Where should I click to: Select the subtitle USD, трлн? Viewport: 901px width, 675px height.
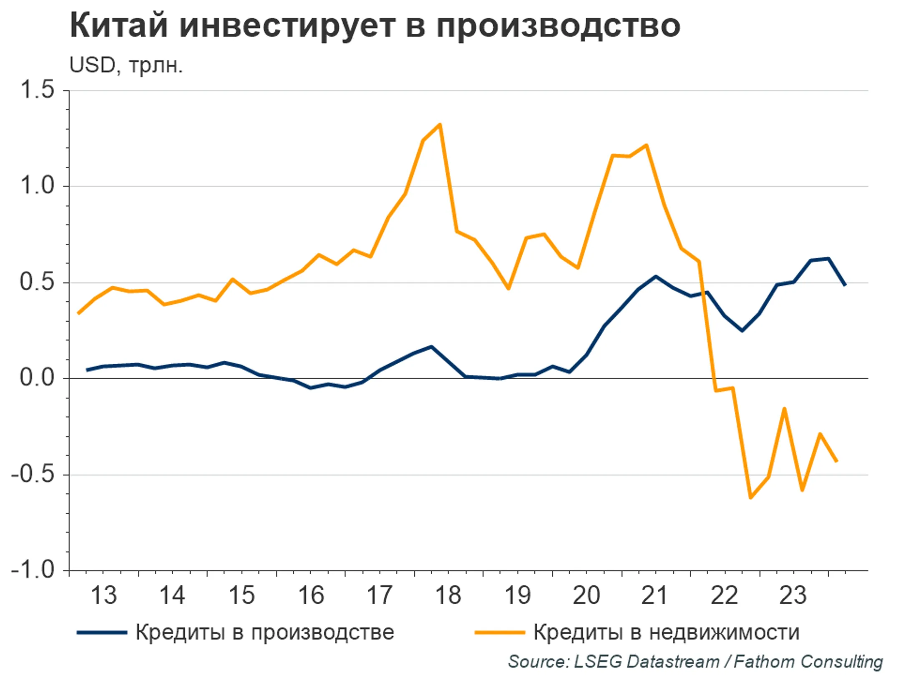coord(126,65)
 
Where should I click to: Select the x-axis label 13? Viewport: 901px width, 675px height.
coord(103,595)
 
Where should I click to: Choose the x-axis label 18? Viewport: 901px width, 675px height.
coord(448,595)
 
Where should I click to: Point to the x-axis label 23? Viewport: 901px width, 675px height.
coord(793,595)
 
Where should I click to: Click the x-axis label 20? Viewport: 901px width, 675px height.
coord(586,595)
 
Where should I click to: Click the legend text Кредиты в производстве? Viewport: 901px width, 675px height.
coord(264,632)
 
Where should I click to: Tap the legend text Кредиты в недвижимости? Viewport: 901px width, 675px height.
coord(666,632)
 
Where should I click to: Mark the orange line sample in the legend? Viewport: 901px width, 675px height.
coord(499,632)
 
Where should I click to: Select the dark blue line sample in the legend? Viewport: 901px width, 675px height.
coord(102,632)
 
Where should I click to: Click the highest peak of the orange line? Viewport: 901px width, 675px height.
coord(440,124)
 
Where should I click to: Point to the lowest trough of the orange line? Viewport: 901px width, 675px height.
coord(750,497)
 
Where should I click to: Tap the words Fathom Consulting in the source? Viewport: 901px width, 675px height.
coord(808,662)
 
